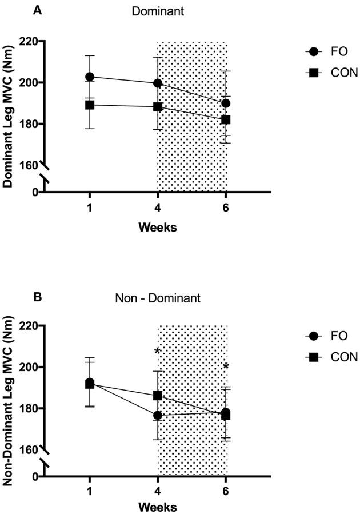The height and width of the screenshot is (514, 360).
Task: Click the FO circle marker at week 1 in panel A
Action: click(x=90, y=77)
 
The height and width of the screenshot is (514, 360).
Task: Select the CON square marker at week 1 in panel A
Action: click(x=90, y=105)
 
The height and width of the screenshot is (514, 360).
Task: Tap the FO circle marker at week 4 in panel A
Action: click(x=158, y=83)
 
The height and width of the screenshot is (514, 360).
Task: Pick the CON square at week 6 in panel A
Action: click(x=226, y=120)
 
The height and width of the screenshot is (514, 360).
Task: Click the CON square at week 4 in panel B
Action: click(x=158, y=395)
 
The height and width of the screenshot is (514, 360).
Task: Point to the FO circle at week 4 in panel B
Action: click(x=158, y=415)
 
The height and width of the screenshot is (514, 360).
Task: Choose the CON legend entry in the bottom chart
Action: click(x=330, y=357)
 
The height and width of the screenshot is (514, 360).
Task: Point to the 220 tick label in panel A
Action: click(x=29, y=42)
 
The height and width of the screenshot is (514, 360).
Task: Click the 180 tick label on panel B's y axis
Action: click(x=29, y=408)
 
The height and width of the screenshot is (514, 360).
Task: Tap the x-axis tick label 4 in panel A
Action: click(x=158, y=208)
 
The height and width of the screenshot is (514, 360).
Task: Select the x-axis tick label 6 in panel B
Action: click(x=226, y=492)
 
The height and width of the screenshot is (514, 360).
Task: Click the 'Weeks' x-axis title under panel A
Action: click(x=157, y=227)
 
